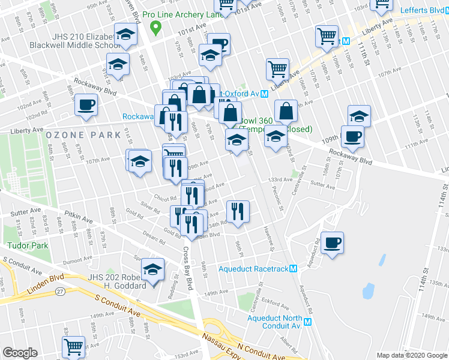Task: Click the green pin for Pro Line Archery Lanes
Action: coord(156,26)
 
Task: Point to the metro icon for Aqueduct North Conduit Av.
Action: coord(308,322)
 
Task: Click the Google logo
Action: coord(20,353)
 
